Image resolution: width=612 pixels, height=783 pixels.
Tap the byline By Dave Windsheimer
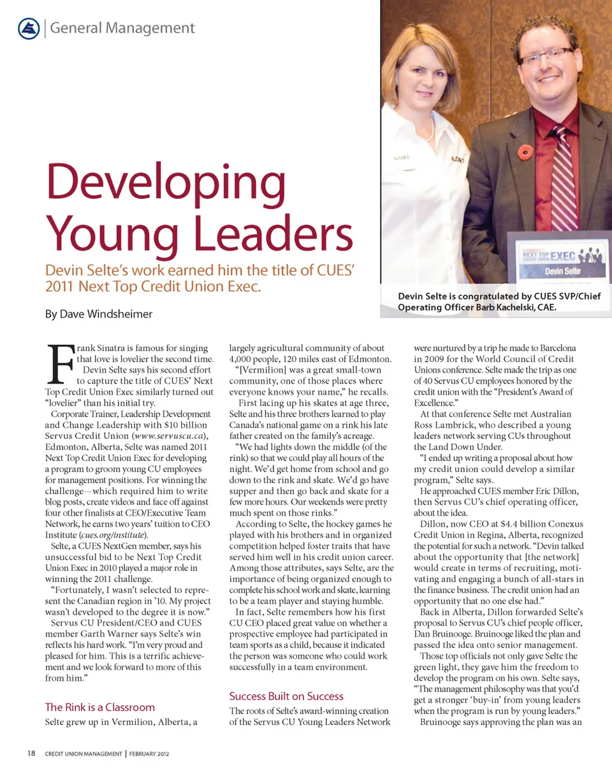[x=99, y=314]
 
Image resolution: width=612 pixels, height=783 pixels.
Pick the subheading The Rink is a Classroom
[x=100, y=706]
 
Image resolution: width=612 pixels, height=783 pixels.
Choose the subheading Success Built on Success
[x=286, y=696]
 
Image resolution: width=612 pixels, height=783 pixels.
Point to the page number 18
[x=31, y=754]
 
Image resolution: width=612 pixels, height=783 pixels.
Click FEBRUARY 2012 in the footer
[x=149, y=754]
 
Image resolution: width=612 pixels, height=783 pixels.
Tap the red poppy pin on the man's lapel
[x=525, y=152]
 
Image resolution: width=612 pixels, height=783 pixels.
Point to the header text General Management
[x=122, y=28]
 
